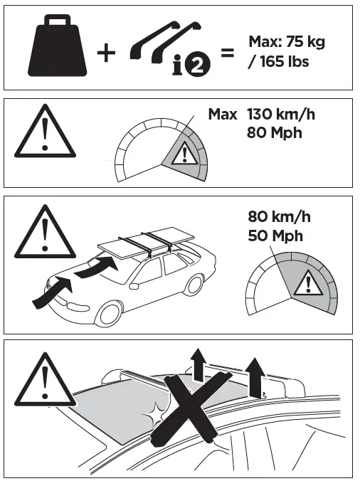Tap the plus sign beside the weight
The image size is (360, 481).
[105, 53]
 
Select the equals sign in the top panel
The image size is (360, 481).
[227, 52]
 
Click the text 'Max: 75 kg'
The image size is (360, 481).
[286, 42]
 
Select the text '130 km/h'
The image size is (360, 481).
[279, 114]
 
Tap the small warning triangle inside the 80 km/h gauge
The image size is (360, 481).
[308, 285]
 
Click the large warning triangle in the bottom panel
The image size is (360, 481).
[44, 377]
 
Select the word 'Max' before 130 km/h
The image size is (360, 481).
[223, 114]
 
